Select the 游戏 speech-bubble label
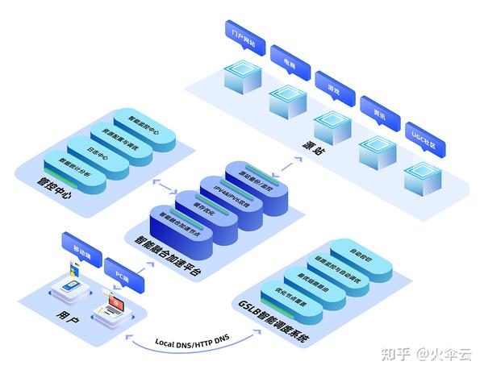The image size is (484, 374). [334, 82]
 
